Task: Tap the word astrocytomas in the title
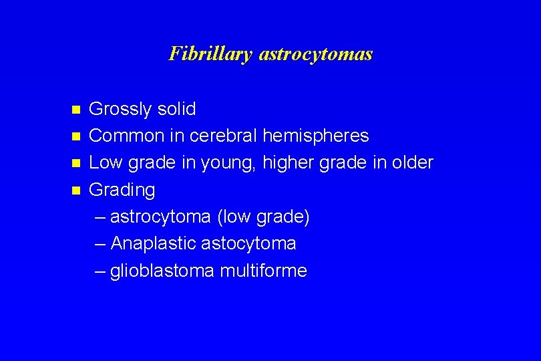[315, 53]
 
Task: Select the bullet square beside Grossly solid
[76, 110]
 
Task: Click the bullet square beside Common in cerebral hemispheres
[76, 136]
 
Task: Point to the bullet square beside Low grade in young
[76, 163]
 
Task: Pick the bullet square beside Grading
[76, 191]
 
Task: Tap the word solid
[178, 109]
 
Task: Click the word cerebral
[224, 136]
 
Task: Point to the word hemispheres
[315, 136]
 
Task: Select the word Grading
[122, 191]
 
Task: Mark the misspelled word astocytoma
[250, 244]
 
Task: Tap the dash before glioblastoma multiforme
[100, 271]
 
